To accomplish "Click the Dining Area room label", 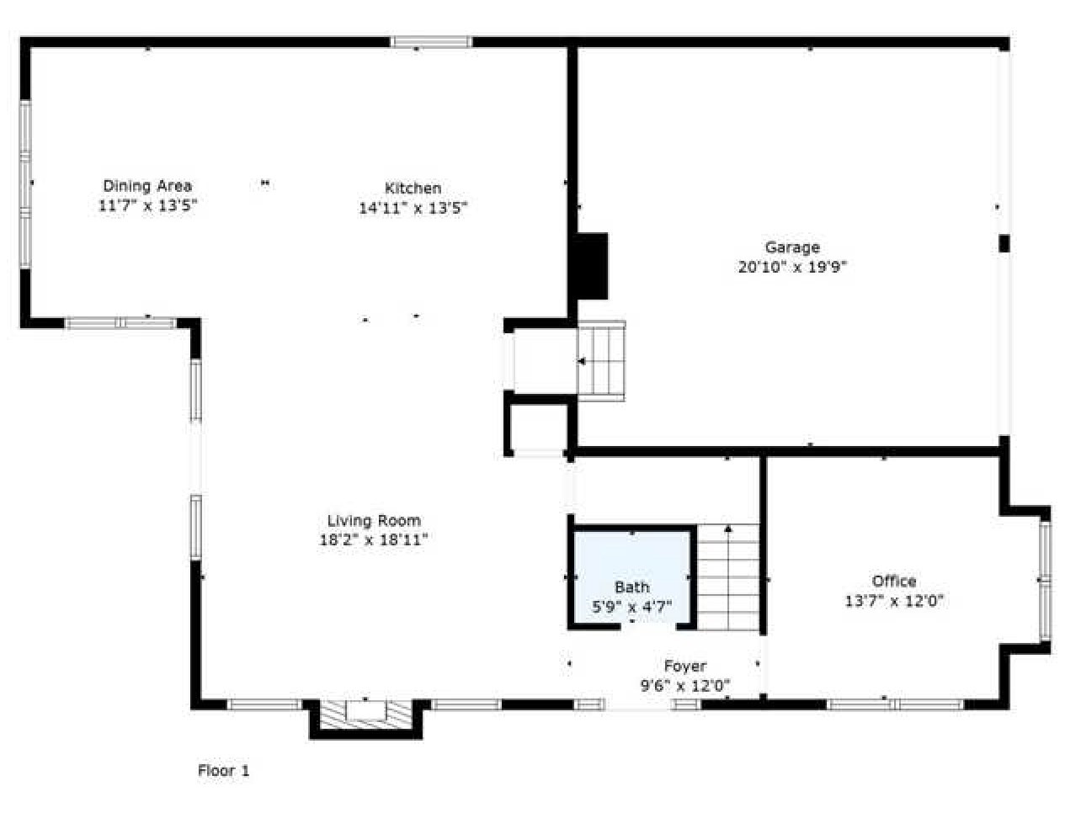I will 147,186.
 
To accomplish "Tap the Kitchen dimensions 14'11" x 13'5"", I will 413,208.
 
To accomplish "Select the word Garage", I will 791,247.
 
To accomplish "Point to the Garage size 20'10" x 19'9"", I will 791,268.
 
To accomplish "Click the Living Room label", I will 374,521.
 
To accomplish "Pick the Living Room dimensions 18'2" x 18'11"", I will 374,540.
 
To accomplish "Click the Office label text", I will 893,581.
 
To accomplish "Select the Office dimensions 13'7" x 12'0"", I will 893,601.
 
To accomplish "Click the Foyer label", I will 684,667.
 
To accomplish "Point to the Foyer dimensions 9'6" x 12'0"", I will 684,686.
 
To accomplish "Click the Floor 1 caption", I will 223,770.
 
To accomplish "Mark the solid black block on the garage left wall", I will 592,266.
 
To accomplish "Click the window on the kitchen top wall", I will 431,41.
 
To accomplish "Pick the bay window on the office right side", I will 1045,580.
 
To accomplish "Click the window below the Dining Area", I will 120,322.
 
